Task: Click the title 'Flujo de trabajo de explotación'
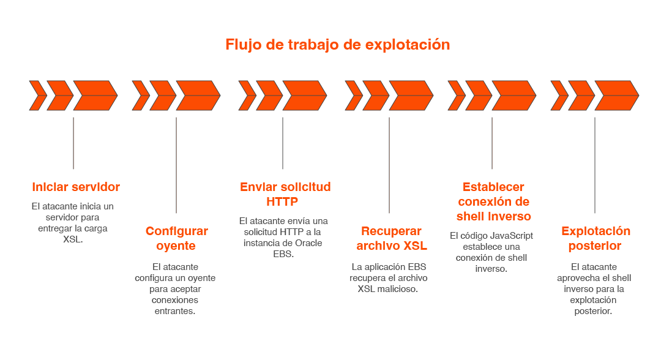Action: (x=337, y=45)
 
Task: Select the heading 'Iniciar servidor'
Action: (x=76, y=187)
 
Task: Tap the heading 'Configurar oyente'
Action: (x=176, y=238)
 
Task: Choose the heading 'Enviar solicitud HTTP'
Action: (x=285, y=194)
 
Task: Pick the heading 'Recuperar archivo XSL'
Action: (x=391, y=238)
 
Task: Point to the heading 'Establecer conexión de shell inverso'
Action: (x=493, y=201)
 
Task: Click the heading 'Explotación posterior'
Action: (x=595, y=238)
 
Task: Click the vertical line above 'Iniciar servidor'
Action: (x=73, y=143)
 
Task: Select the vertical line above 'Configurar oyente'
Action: (x=176, y=165)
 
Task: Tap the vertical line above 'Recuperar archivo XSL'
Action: (x=389, y=165)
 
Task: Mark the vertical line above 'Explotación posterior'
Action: (x=595, y=165)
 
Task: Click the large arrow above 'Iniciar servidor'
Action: (x=95, y=96)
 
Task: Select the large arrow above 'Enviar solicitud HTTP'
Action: (x=304, y=96)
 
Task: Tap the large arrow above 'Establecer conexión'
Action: (x=513, y=96)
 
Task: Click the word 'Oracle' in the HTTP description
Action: (x=309, y=242)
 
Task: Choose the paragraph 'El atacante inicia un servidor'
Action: (x=73, y=222)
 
